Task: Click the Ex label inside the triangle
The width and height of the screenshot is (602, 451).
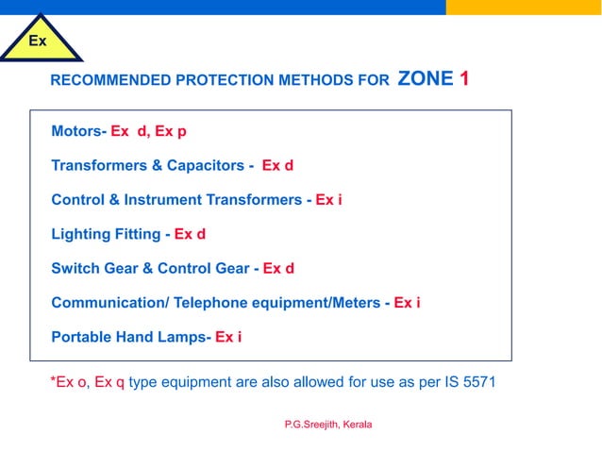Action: click(x=38, y=42)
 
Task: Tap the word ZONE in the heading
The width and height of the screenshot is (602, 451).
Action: click(x=426, y=79)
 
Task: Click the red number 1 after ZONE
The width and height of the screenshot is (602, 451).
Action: click(x=464, y=79)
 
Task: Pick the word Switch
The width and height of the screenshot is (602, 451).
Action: click(x=74, y=268)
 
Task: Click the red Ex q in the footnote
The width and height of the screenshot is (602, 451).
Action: click(x=109, y=382)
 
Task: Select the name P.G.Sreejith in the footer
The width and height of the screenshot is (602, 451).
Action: click(x=310, y=425)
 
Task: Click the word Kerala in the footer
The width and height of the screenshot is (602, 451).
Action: click(x=358, y=425)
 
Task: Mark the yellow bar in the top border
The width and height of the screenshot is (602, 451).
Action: click(x=524, y=7)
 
